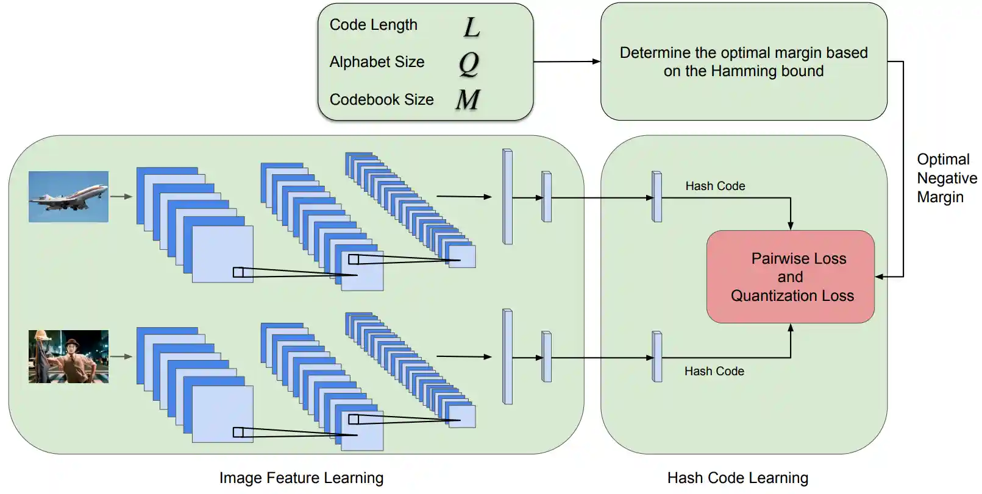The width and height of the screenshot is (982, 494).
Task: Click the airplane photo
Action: coord(68,196)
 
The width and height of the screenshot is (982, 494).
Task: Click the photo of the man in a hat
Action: coord(68,356)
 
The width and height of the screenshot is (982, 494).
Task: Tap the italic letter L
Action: coord(472,27)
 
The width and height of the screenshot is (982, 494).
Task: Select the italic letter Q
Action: coord(469,63)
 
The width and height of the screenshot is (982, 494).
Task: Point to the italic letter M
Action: coord(468,99)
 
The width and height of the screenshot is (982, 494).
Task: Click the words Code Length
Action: coord(373,25)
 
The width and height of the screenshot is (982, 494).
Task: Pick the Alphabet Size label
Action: coord(377,62)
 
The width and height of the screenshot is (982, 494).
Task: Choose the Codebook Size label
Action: coord(382,99)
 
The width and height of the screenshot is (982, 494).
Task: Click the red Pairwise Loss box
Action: coord(790,277)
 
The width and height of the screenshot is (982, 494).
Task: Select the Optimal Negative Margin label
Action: coord(946,178)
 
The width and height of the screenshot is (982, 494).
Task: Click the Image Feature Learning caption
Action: coord(301,478)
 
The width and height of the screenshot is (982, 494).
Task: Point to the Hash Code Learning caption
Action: coord(738,478)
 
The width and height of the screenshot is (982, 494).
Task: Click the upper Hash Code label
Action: coord(715,186)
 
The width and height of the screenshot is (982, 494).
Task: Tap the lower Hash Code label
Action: coord(714,372)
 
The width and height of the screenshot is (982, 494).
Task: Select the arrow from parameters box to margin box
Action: coord(566,62)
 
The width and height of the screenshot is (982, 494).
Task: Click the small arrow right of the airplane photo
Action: coord(121,197)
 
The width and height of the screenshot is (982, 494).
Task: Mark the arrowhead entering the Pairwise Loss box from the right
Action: coord(880,277)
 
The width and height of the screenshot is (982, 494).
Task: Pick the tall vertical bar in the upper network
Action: coord(507,197)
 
